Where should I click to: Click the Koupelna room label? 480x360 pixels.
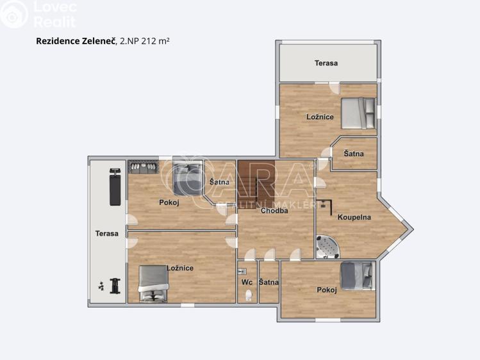[354, 217]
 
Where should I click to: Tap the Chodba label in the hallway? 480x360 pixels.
[274, 210]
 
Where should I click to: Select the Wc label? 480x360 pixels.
[247, 282]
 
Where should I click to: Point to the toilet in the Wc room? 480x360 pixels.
[248, 295]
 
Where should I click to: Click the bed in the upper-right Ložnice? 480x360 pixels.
[357, 113]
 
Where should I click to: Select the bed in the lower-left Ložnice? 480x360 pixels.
[153, 283]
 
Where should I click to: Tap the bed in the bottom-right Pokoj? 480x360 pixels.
[356, 275]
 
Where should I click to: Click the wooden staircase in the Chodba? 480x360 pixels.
[255, 181]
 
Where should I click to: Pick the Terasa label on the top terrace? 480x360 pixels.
[326, 63]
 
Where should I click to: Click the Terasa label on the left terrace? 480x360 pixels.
[107, 233]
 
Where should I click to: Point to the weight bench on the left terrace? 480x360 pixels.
[115, 186]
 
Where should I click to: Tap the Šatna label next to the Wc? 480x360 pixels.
[269, 282]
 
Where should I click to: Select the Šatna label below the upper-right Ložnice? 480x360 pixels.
[353, 154]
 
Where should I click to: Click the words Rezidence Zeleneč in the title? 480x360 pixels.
[76, 40]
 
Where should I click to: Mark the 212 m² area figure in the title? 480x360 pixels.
[154, 40]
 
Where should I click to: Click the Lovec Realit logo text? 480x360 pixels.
[54, 14]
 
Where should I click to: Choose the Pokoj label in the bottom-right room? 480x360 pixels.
[326, 290]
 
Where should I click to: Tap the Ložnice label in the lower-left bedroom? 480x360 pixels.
[179, 268]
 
